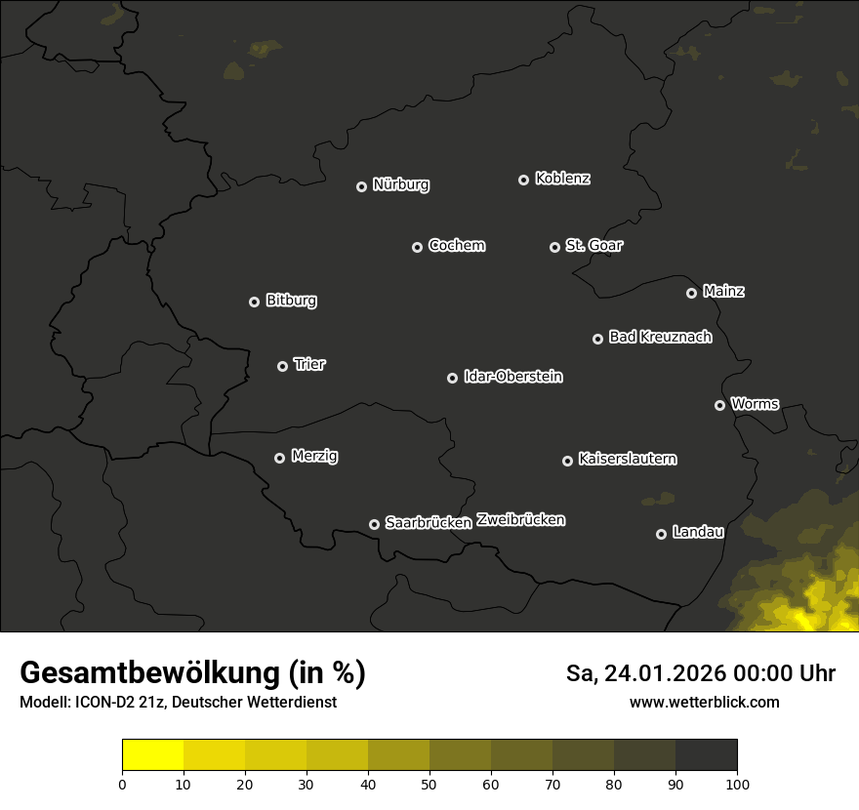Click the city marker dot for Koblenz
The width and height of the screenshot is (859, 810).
(523, 180)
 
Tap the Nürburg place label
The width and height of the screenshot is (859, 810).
(400, 184)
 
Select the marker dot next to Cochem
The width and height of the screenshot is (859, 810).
(417, 247)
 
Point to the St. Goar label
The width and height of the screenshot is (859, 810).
(593, 246)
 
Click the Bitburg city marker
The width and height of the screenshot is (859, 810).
(254, 302)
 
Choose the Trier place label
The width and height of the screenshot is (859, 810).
(309, 365)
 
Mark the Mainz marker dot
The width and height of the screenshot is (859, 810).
(691, 293)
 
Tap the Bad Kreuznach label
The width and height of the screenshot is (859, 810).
(660, 338)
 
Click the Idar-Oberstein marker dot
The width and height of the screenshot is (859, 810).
(452, 378)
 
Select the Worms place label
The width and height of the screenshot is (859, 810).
(755, 404)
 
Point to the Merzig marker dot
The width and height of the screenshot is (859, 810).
(279, 458)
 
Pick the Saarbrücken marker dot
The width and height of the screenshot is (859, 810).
(374, 524)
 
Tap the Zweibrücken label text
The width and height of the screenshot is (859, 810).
(520, 520)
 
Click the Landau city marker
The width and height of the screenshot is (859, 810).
(661, 534)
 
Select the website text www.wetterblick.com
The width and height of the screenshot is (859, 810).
(705, 702)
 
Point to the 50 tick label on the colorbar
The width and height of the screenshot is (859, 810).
(429, 784)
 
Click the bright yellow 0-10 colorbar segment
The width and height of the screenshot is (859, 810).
(153, 755)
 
